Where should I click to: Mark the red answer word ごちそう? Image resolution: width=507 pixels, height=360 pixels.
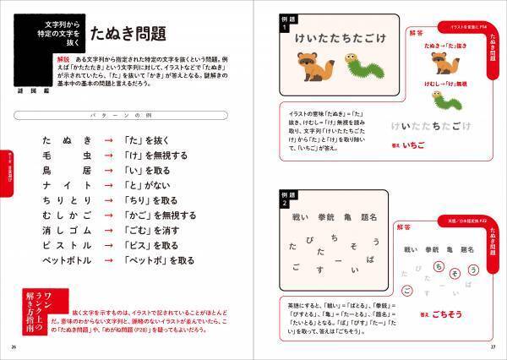tap(439, 313)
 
